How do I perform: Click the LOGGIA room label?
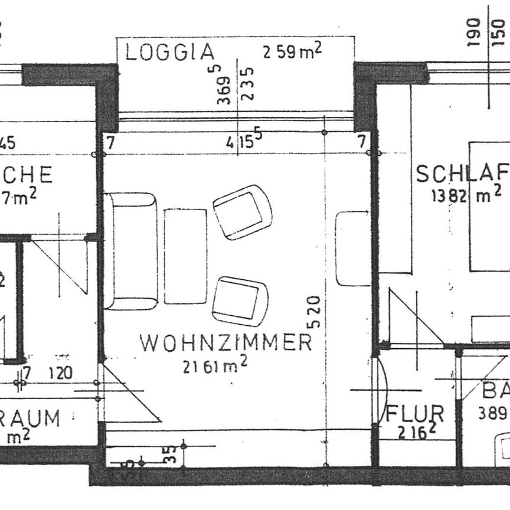[x=169, y=53]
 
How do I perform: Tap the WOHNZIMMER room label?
[x=225, y=342]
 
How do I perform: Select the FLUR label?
[x=414, y=413]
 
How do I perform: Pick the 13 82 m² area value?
[x=466, y=195]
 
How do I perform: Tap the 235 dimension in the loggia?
[x=248, y=84]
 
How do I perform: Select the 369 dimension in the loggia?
[x=224, y=86]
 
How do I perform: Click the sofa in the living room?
[x=130, y=251]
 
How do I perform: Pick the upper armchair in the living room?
[x=242, y=212]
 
